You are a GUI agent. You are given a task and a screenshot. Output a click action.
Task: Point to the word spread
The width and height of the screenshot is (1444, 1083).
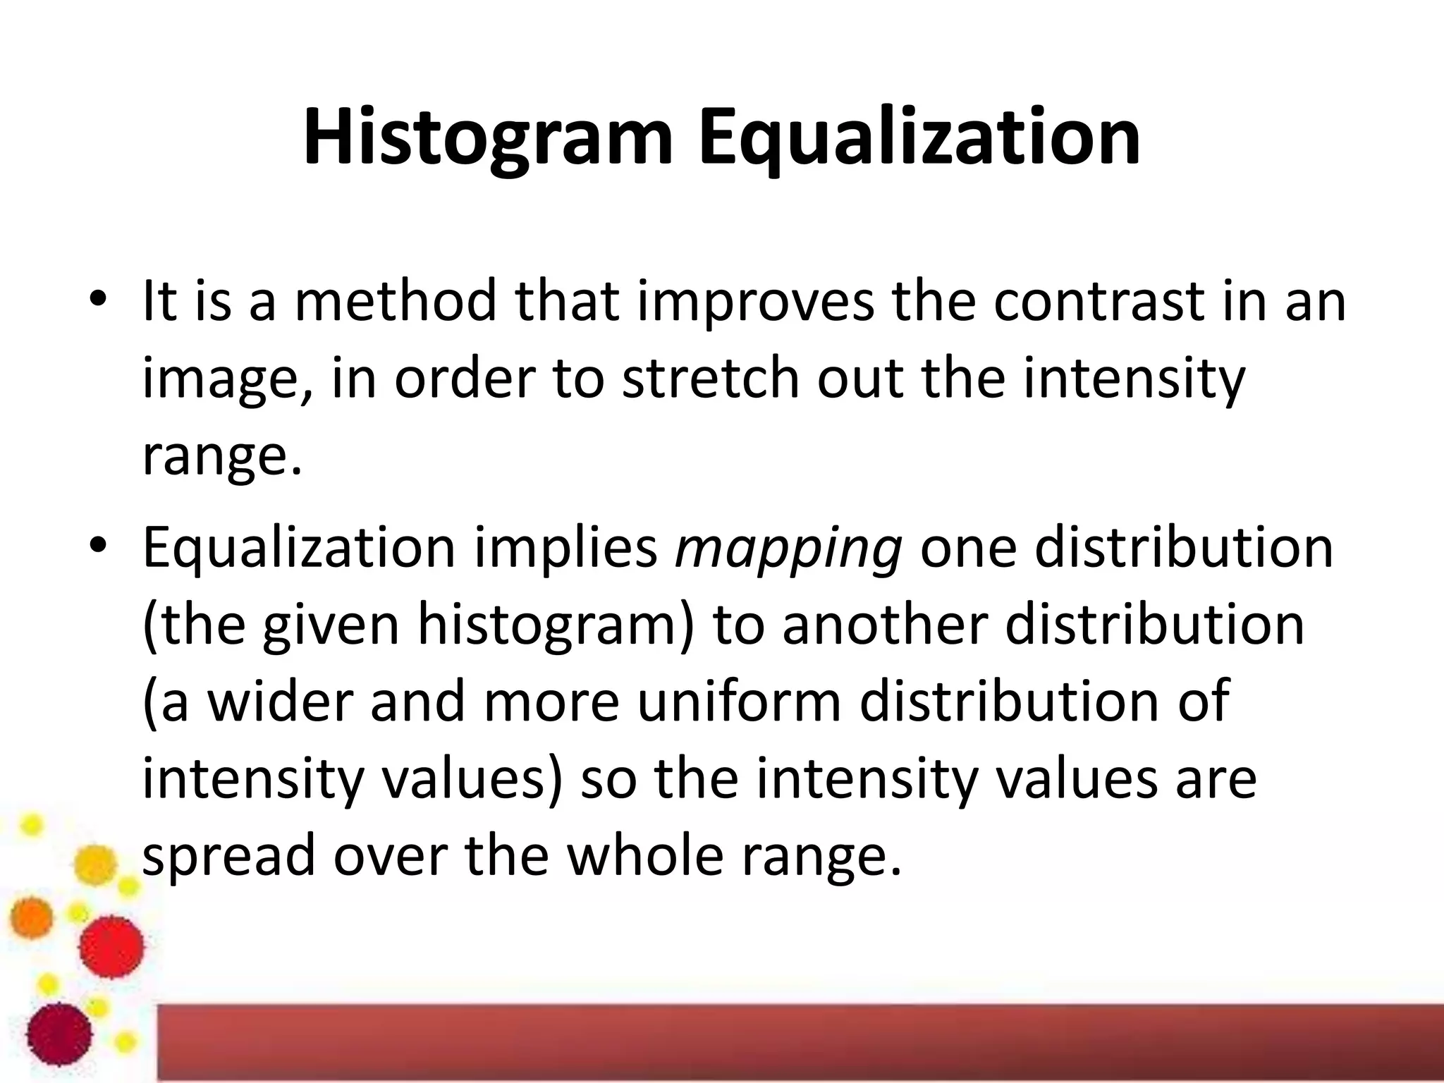click(228, 857)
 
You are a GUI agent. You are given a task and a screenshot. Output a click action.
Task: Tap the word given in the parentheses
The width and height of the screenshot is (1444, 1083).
click(331, 626)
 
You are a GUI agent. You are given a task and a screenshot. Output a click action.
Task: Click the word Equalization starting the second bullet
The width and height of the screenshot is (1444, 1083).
click(299, 550)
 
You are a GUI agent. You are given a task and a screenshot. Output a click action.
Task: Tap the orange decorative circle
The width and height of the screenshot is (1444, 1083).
click(32, 917)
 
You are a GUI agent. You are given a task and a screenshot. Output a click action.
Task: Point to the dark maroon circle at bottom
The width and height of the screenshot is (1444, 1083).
click(59, 1034)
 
